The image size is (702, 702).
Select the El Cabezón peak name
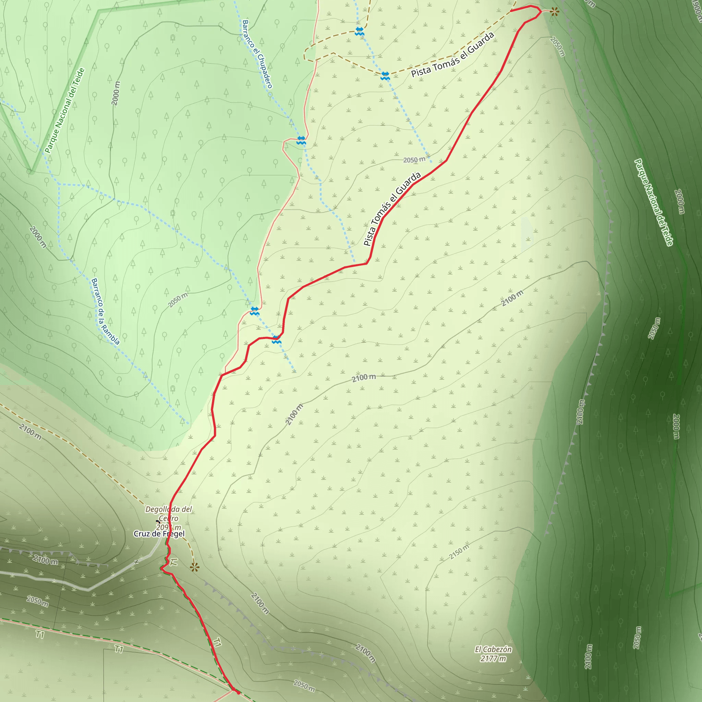point(493,649)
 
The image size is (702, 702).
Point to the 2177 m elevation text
point(493,658)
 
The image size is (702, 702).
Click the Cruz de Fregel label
point(159,533)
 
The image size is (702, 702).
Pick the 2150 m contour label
point(459,552)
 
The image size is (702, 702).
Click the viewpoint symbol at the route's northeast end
point(554,12)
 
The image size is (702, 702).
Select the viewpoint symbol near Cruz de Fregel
point(195,567)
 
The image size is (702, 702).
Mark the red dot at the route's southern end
point(238,692)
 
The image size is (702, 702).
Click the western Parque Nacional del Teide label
point(65,110)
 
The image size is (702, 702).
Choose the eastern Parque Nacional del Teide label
point(654,202)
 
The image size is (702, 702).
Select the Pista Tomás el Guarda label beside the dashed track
point(453,55)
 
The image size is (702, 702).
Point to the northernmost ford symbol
point(359,31)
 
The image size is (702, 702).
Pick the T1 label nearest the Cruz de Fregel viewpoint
point(174,562)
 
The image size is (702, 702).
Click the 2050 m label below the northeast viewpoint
point(557,46)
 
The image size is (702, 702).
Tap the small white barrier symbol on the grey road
point(137,562)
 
